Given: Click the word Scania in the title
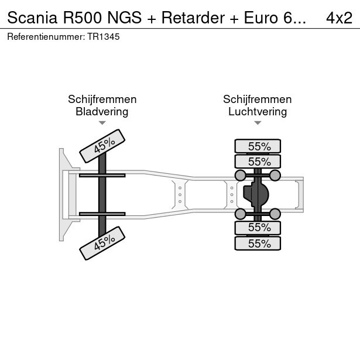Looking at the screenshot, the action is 32,18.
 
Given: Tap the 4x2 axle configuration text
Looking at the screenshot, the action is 339,18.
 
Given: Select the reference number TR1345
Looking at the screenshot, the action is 103,37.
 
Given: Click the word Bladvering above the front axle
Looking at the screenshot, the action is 102,112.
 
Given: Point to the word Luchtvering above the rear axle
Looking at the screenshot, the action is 258,112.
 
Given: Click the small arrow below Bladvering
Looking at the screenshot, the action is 102,123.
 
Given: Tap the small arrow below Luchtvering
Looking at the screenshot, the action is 258,123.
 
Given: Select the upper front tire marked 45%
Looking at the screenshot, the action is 102,146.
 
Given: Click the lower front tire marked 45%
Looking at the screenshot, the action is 102,243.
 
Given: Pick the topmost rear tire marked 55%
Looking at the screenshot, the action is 258,146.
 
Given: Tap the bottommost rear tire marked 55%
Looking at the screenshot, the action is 258,243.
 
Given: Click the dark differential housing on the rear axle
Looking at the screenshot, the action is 256,194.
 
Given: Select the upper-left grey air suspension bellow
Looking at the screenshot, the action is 241,176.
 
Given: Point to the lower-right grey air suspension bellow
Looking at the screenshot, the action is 275,214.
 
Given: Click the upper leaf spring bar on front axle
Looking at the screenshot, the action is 102,176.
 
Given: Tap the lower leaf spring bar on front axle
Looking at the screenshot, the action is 102,214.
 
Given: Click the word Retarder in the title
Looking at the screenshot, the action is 193,18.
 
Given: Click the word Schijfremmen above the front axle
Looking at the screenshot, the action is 102,100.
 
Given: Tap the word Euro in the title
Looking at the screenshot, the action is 261,18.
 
